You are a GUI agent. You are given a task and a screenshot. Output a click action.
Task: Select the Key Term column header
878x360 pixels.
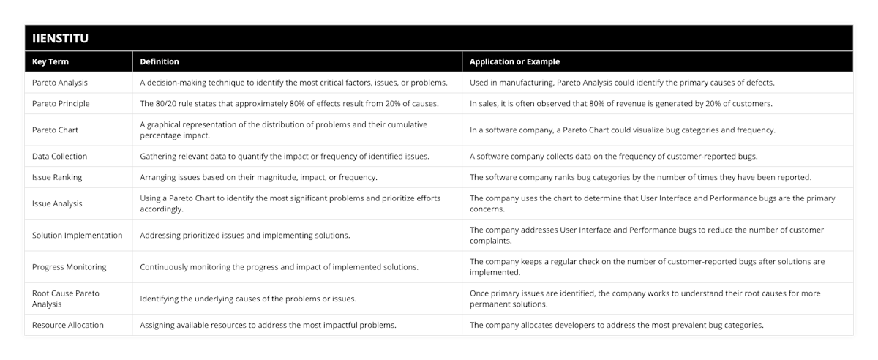pyautogui.click(x=50, y=62)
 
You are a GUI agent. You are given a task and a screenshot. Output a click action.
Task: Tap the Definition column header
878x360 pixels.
pyautogui.click(x=160, y=62)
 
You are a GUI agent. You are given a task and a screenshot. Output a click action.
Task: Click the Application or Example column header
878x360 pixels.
pyautogui.click(x=515, y=62)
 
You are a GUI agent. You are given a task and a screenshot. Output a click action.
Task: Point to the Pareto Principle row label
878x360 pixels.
pyautogui.click(x=61, y=103)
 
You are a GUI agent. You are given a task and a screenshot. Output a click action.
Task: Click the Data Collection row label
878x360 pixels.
pyautogui.click(x=59, y=156)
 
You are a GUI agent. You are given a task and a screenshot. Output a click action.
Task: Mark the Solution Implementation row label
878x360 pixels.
pyautogui.click(x=77, y=235)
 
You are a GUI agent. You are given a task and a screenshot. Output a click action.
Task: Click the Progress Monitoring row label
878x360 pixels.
pyautogui.click(x=69, y=266)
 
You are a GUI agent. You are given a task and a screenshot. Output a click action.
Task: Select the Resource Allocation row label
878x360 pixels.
pyautogui.click(x=68, y=324)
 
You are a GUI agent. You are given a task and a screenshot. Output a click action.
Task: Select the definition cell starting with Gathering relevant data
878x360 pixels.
pyautogui.click(x=285, y=156)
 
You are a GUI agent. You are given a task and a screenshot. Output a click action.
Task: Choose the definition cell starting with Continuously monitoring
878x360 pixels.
pyautogui.click(x=279, y=266)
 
